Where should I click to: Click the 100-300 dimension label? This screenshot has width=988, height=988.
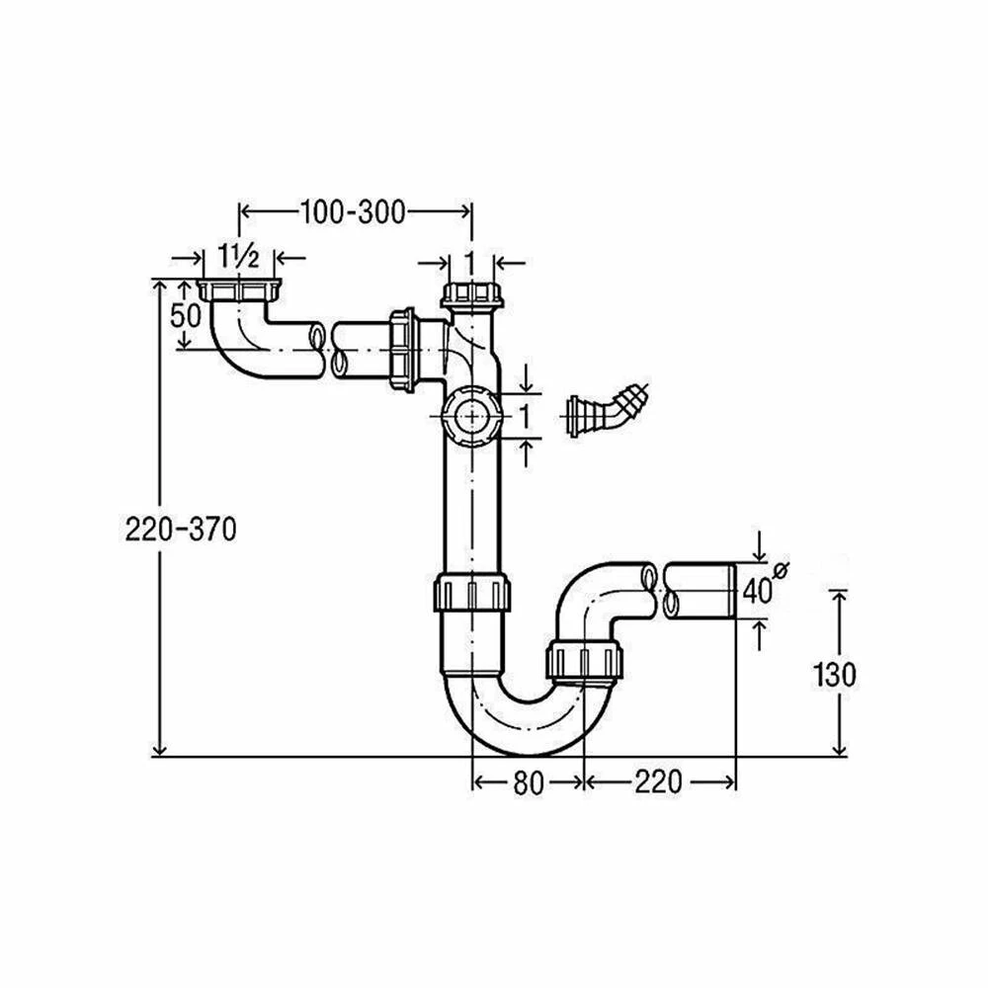tap(354, 211)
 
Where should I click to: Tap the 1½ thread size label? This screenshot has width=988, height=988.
tap(239, 259)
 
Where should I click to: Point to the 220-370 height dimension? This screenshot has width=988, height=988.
tap(181, 530)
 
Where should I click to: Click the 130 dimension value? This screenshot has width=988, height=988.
tap(835, 675)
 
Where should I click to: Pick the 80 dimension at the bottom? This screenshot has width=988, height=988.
tap(529, 782)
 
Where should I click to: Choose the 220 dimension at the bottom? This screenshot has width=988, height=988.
tap(659, 782)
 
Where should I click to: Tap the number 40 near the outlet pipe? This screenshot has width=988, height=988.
tap(757, 591)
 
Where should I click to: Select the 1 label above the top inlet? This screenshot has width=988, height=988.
tap(471, 261)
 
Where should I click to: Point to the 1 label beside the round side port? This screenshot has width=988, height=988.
tap(525, 416)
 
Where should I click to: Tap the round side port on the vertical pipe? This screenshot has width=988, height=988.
tap(469, 415)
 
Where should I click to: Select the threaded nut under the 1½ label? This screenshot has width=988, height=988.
tap(241, 290)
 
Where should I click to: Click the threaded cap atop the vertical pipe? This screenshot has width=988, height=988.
tap(471, 293)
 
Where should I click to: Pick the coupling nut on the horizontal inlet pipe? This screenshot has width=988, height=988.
tap(403, 346)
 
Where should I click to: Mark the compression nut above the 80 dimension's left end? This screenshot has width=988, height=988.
tap(472, 593)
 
